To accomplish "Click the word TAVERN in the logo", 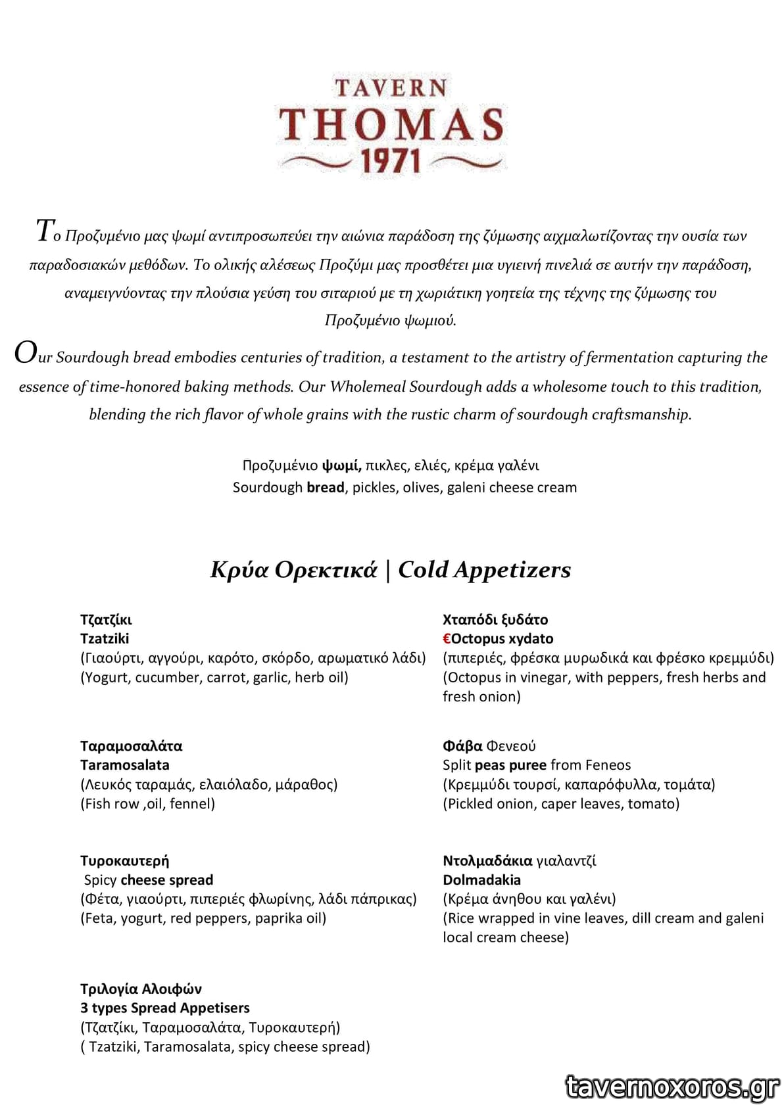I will pyautogui.click(x=391, y=87).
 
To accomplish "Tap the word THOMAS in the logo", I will pyautogui.click(x=391, y=124).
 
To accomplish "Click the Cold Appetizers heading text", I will pyautogui.click(x=484, y=569).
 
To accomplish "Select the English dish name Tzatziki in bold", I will pyautogui.click(x=105, y=638).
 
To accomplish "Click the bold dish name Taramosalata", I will pyautogui.click(x=125, y=764).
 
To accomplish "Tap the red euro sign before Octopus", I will pyautogui.click(x=447, y=638).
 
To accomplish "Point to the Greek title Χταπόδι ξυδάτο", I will pyautogui.click(x=495, y=619).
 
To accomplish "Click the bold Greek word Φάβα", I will pyautogui.click(x=462, y=745).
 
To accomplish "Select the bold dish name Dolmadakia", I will pyautogui.click(x=481, y=880).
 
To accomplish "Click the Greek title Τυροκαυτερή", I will pyautogui.click(x=124, y=860).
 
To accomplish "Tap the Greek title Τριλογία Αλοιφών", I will pyautogui.click(x=141, y=989).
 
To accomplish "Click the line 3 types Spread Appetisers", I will pyautogui.click(x=165, y=1008).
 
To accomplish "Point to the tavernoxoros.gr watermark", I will pyautogui.click(x=672, y=1087).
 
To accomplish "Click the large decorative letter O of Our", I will pyautogui.click(x=25, y=354).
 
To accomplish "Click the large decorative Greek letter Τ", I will pyautogui.click(x=43, y=231).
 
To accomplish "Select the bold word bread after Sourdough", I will pyautogui.click(x=325, y=487).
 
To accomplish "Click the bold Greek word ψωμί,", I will pyautogui.click(x=341, y=465).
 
